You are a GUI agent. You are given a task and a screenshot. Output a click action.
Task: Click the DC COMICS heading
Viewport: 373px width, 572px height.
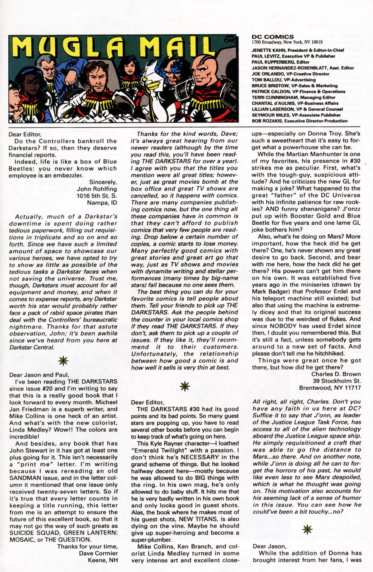[273, 37]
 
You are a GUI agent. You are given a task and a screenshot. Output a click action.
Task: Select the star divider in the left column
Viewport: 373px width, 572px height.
[63, 360]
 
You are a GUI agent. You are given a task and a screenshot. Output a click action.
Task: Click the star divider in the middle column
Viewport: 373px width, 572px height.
[185, 386]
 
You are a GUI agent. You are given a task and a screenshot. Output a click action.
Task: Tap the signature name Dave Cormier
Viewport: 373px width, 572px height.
[98, 553]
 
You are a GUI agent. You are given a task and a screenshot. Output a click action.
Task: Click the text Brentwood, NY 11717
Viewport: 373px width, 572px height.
[330, 388]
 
